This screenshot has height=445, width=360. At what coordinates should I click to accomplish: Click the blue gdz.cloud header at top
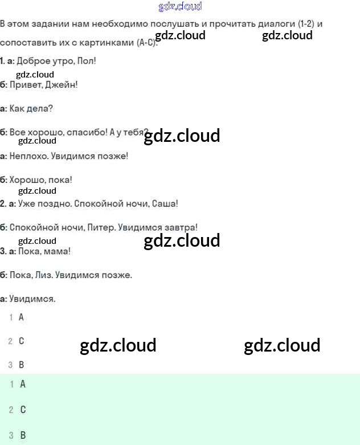(x=179, y=7)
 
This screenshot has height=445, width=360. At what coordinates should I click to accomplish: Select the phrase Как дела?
(x=31, y=108)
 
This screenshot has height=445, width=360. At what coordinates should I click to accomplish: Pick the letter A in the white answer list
(x=22, y=317)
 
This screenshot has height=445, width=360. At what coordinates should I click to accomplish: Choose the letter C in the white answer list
(x=22, y=341)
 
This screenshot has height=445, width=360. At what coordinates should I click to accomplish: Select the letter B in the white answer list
(x=22, y=365)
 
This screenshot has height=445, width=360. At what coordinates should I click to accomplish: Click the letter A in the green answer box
(x=23, y=384)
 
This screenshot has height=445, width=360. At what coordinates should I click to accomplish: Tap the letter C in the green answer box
(x=23, y=410)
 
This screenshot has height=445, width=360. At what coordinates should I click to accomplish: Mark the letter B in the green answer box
(x=23, y=435)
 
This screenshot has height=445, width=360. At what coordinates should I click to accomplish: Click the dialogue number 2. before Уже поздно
(x=3, y=203)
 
